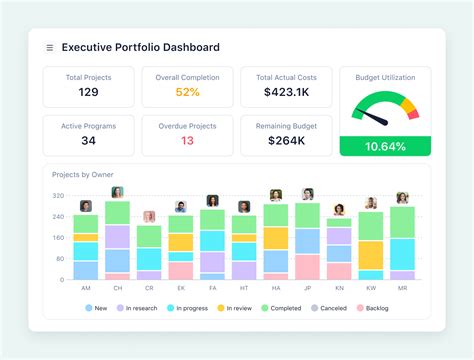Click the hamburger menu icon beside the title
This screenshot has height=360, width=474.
[50, 47]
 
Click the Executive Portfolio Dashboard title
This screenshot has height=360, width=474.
[140, 47]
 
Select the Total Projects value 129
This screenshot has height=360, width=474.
[88, 92]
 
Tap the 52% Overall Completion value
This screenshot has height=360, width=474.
[187, 92]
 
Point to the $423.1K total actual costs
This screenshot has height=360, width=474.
[286, 92]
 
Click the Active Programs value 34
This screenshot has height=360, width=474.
[88, 140]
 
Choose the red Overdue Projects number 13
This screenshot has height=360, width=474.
[187, 140]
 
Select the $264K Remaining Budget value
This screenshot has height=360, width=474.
[286, 140]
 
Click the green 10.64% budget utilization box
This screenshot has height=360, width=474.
[385, 146]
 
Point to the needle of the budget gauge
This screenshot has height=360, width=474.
[374, 117]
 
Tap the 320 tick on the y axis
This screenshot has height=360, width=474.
[58, 197]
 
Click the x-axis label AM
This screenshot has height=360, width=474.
[86, 287]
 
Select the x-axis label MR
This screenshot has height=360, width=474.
[402, 287]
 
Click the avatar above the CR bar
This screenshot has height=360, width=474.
[149, 216]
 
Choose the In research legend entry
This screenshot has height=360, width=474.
[139, 309]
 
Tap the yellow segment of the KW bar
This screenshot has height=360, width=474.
[371, 254]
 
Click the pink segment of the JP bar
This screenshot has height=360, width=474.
[307, 266]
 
